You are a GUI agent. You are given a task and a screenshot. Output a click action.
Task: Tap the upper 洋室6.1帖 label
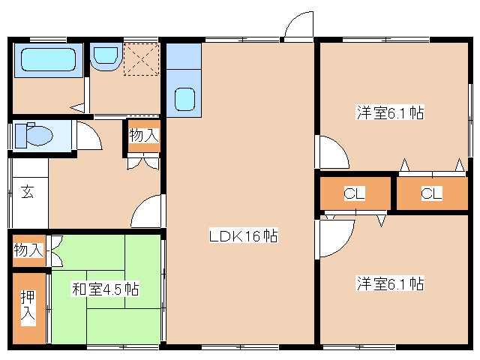click(x=390, y=113)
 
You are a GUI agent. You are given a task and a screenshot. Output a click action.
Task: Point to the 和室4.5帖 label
click(x=105, y=288)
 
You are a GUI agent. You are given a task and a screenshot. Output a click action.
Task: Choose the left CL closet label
click(x=354, y=194)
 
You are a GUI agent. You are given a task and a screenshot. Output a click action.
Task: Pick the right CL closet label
click(x=430, y=194)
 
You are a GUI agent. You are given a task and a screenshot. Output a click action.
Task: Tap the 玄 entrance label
click(x=27, y=191)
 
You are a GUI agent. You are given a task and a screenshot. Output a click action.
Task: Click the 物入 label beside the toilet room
click(x=143, y=136)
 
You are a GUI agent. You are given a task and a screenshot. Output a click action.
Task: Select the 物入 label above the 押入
click(x=28, y=250)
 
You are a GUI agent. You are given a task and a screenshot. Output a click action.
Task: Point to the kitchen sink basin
click(x=184, y=98)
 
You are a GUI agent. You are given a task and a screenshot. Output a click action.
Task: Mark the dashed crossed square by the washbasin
click(x=140, y=59)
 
